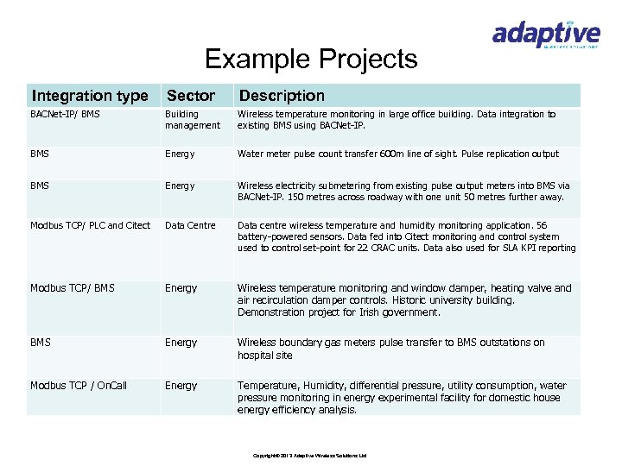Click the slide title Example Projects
(x=311, y=60)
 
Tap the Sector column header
(x=190, y=96)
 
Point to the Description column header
(x=282, y=96)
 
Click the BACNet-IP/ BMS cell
(x=66, y=114)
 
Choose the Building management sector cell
(x=192, y=120)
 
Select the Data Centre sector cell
(x=190, y=225)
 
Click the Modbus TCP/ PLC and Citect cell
(x=90, y=225)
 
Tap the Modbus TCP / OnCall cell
(x=78, y=385)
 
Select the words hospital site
(x=266, y=356)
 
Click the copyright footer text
(x=310, y=455)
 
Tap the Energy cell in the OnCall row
(x=181, y=385)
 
